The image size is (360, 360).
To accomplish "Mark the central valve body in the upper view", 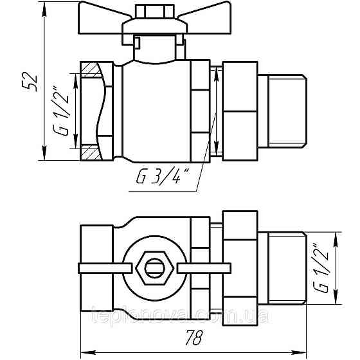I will tap(157, 109).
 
